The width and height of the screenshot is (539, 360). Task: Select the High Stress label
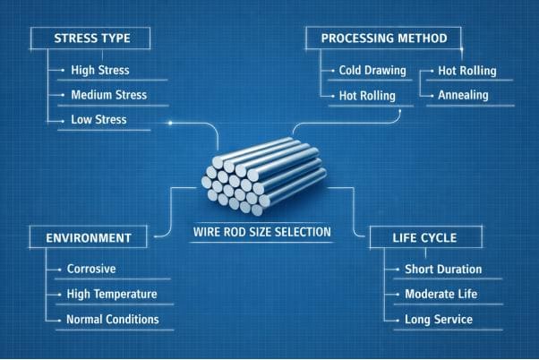pyautogui.click(x=99, y=70)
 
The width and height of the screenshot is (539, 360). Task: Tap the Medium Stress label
pyautogui.click(x=108, y=94)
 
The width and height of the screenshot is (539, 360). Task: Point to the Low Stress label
pyautogui.click(x=98, y=119)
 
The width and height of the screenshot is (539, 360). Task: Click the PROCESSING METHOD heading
pyautogui.click(x=383, y=39)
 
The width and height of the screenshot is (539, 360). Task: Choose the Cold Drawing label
pyautogui.click(x=372, y=70)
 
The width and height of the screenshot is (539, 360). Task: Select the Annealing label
pyautogui.click(x=463, y=95)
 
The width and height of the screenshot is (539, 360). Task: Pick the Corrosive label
pyautogui.click(x=91, y=269)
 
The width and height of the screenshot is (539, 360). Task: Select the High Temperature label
pyautogui.click(x=112, y=294)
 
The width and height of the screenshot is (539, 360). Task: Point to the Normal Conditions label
pyautogui.click(x=113, y=319)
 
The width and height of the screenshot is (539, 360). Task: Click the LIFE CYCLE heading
pyautogui.click(x=426, y=238)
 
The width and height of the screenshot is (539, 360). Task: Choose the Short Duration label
pyautogui.click(x=444, y=269)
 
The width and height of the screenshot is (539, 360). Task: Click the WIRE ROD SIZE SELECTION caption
pyautogui.click(x=262, y=232)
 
